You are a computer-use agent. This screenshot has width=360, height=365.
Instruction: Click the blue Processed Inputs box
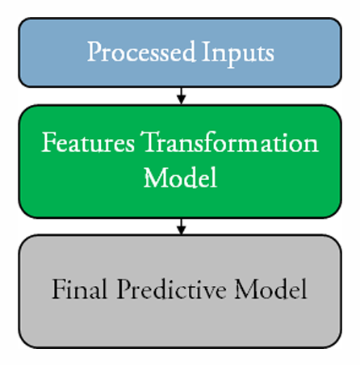point(180,52)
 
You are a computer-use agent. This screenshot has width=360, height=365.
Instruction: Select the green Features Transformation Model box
point(180,162)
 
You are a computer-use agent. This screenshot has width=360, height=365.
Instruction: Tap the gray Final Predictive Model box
point(180,292)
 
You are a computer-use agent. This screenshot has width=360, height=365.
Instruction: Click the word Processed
point(141,52)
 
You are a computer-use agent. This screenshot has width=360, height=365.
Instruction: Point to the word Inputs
point(238,54)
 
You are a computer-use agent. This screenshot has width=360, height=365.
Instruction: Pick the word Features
point(88,142)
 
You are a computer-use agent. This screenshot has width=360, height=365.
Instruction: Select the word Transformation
point(229,142)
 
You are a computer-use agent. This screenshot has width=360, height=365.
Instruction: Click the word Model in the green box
point(180,177)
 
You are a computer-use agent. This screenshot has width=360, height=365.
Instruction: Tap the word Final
point(79,288)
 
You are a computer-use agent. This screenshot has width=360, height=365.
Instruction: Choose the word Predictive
point(171,288)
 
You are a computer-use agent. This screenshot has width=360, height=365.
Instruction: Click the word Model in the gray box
point(271,288)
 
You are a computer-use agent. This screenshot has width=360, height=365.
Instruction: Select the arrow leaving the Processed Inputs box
point(182,96)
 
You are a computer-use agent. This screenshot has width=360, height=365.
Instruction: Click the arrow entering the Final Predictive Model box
point(182,226)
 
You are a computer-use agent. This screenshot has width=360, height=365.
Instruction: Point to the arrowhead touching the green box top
point(182,100)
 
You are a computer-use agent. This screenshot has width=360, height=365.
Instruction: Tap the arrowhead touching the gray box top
point(182,230)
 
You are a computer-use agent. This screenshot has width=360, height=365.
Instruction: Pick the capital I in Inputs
point(207,51)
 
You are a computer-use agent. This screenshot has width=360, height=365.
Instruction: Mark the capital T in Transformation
point(150,141)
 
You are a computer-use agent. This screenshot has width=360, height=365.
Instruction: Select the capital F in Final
point(59,288)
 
